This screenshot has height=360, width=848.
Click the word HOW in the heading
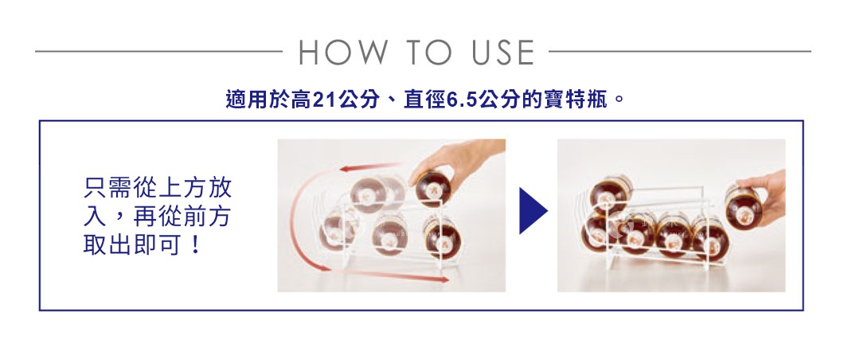345,53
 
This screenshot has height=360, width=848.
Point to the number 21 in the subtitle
323,101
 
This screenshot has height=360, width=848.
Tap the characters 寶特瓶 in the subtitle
582,101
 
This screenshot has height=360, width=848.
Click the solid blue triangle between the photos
532,212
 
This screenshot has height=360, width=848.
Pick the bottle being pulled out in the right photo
744,205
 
